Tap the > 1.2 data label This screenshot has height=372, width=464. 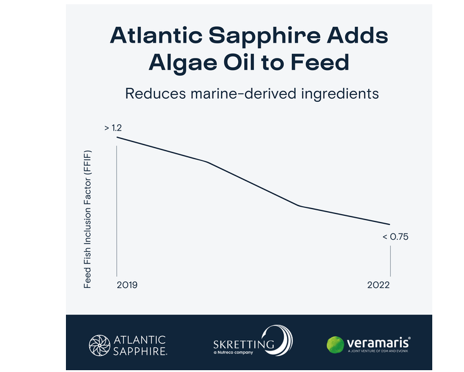coord(113,128)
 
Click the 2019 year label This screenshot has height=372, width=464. coord(127,285)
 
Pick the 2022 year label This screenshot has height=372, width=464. coord(379,285)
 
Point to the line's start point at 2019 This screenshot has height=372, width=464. coord(117,137)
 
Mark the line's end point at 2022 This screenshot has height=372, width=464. coord(390,224)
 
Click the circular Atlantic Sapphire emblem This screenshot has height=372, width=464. coord(100,343)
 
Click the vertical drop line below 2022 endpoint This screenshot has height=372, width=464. coord(390,262)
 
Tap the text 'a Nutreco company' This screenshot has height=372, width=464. coord(235,352)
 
